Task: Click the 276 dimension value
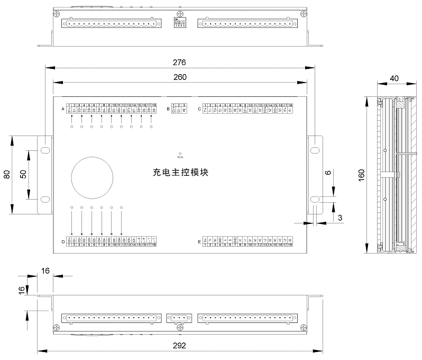(179, 62)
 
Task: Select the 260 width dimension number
(179, 77)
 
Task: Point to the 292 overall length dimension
(179, 345)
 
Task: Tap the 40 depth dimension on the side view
(394, 78)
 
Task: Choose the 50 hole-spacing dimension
(22, 175)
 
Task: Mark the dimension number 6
(328, 173)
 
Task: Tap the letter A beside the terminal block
(63, 110)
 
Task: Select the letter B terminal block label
(168, 110)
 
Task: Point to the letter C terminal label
(199, 110)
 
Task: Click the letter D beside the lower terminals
(63, 242)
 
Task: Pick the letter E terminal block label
(199, 242)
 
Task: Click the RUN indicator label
(180, 157)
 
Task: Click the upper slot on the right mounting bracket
(315, 150)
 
